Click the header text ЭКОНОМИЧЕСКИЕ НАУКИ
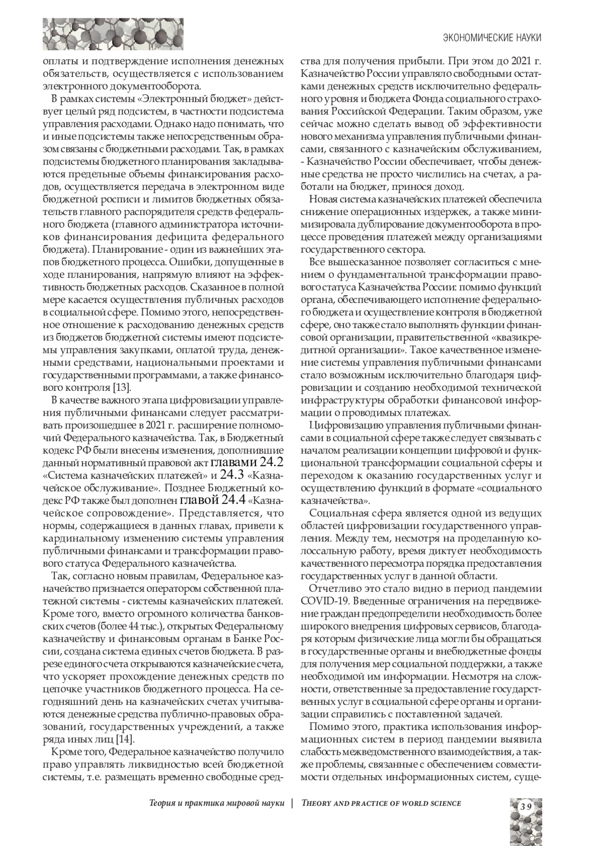point(492,38)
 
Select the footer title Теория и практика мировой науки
point(217,803)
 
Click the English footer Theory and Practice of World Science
point(381,803)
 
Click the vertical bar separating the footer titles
point(293,803)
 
